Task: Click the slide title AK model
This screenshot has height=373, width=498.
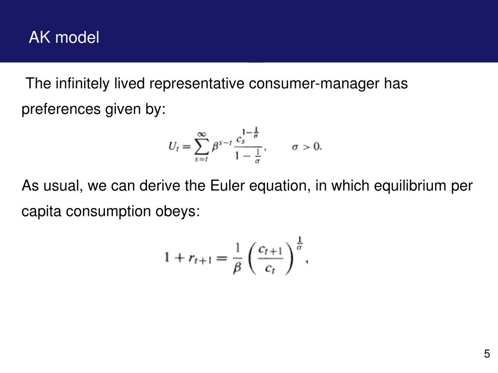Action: [x=64, y=37]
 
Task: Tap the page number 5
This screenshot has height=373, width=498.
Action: [x=487, y=354]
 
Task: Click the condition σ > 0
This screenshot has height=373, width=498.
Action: [x=306, y=146]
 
